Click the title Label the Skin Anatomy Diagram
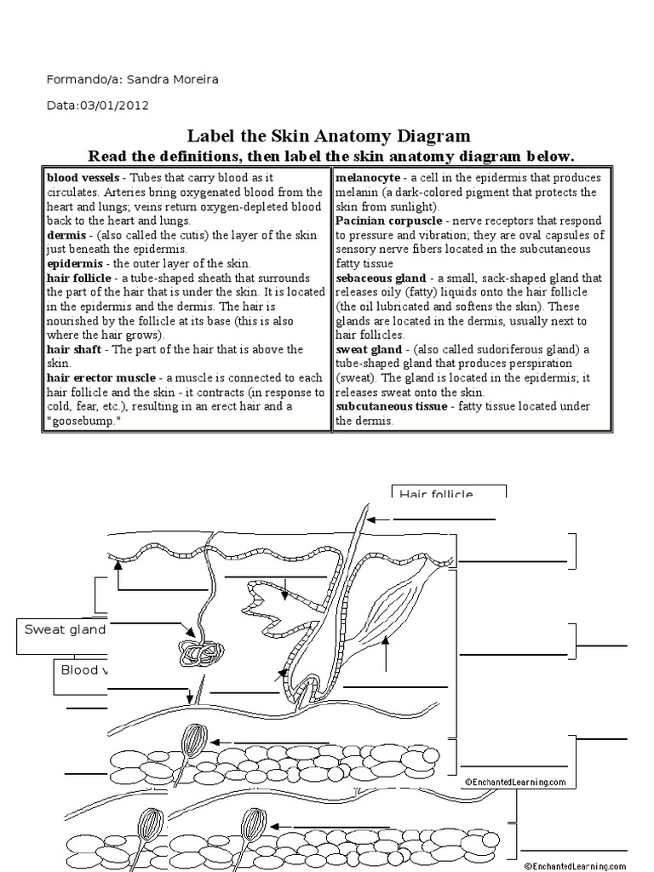coord(328,136)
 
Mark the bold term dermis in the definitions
coord(65,234)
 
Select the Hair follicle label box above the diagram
coord(449,493)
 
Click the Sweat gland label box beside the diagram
coord(63,630)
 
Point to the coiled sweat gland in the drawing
coord(200,654)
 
